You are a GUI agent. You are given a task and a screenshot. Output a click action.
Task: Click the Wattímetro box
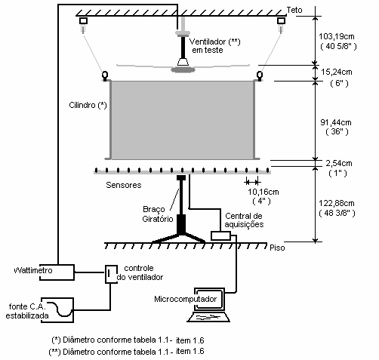coord(57,272)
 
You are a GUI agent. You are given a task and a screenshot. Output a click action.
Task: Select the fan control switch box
coord(111,274)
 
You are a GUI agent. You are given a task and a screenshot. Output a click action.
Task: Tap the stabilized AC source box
coord(57,310)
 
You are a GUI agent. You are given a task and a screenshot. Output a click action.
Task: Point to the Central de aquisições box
coord(220,235)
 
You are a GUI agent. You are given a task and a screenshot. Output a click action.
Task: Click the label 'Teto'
coord(294,10)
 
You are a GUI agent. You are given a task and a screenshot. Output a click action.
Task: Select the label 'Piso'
coord(277,248)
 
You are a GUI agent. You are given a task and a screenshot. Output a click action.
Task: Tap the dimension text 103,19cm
coord(337,36)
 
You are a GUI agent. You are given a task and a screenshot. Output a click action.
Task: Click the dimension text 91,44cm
coord(336,122)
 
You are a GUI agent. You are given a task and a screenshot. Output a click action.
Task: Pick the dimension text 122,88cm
coord(337,203)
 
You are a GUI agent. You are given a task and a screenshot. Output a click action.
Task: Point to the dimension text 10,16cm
coord(263,192)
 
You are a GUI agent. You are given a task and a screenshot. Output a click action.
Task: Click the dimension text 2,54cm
coord(339,163)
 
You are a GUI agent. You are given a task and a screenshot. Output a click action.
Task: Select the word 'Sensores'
coord(124,185)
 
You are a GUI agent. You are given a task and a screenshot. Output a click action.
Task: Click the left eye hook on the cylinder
coord(105,75)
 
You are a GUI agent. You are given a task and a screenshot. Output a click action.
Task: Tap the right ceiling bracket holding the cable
coord(281,20)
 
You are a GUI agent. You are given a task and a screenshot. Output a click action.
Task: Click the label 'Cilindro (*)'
coord(88,105)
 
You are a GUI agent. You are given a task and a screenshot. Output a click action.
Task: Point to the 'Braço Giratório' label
coord(158,214)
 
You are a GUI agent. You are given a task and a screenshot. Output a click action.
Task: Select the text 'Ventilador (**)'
coord(214,42)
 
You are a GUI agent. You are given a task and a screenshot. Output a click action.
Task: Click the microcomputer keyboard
coord(208,317)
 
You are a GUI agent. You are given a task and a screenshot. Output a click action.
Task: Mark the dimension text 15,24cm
coord(337,72)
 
